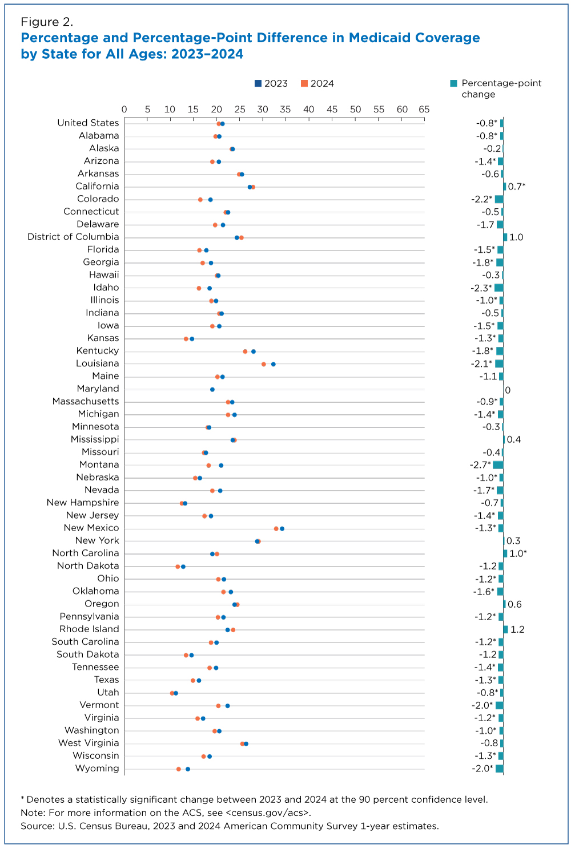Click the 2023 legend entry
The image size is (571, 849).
271,83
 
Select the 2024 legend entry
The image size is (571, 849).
317,83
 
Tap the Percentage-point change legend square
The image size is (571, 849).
453,83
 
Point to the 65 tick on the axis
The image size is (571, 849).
424,109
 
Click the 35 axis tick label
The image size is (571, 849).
285,109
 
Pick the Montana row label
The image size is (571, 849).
99,464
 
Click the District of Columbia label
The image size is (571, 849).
73,237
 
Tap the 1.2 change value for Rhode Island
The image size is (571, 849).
517,629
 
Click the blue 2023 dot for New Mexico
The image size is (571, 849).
282,529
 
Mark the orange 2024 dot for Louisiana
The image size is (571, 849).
264,364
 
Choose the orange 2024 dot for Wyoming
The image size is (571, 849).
179,769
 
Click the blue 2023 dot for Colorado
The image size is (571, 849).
210,200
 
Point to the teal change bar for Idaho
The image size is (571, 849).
499,288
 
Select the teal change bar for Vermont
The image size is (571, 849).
500,706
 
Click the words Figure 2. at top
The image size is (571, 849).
47,22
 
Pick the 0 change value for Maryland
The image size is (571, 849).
508,390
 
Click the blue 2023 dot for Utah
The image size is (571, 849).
176,693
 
